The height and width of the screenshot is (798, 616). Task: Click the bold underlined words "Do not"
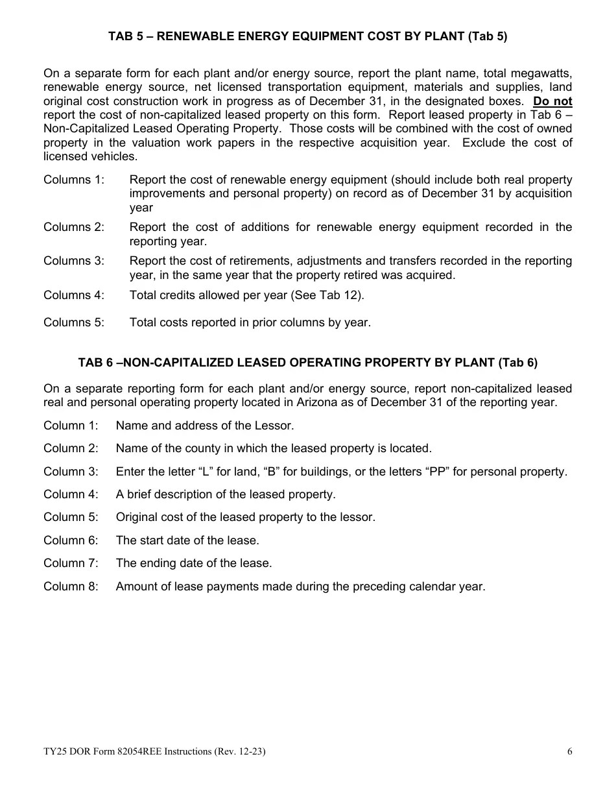pyautogui.click(x=552, y=101)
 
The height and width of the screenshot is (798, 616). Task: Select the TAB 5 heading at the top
pyautogui.click(x=307, y=37)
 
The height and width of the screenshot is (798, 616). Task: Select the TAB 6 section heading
pyautogui.click(x=307, y=363)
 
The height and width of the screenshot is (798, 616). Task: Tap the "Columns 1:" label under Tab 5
pyautogui.click(x=73, y=180)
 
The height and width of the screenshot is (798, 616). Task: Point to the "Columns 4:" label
pyautogui.click(x=73, y=295)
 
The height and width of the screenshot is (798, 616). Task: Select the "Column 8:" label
pyautogui.click(x=71, y=586)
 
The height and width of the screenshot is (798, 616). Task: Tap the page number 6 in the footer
pyautogui.click(x=569, y=752)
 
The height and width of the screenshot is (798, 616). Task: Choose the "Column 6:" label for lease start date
pyautogui.click(x=71, y=540)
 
